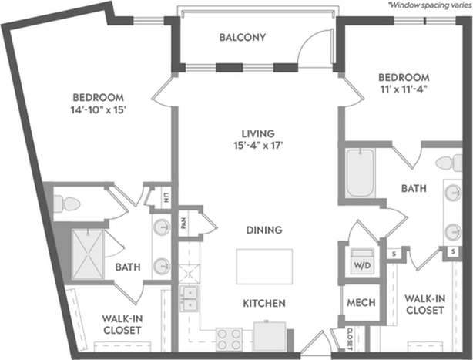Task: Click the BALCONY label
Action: click(x=242, y=37)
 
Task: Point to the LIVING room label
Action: click(x=257, y=133)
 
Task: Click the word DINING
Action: click(x=264, y=230)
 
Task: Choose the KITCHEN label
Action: click(x=264, y=304)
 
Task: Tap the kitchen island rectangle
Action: click(x=264, y=267)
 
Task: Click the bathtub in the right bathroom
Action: click(x=361, y=172)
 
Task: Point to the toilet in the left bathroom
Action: click(x=66, y=204)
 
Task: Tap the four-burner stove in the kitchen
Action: click(x=228, y=338)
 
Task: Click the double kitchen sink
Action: click(x=189, y=298)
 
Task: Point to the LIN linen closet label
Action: click(x=165, y=197)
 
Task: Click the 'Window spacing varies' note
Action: click(x=429, y=5)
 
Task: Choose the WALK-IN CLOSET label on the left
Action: click(x=122, y=324)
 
